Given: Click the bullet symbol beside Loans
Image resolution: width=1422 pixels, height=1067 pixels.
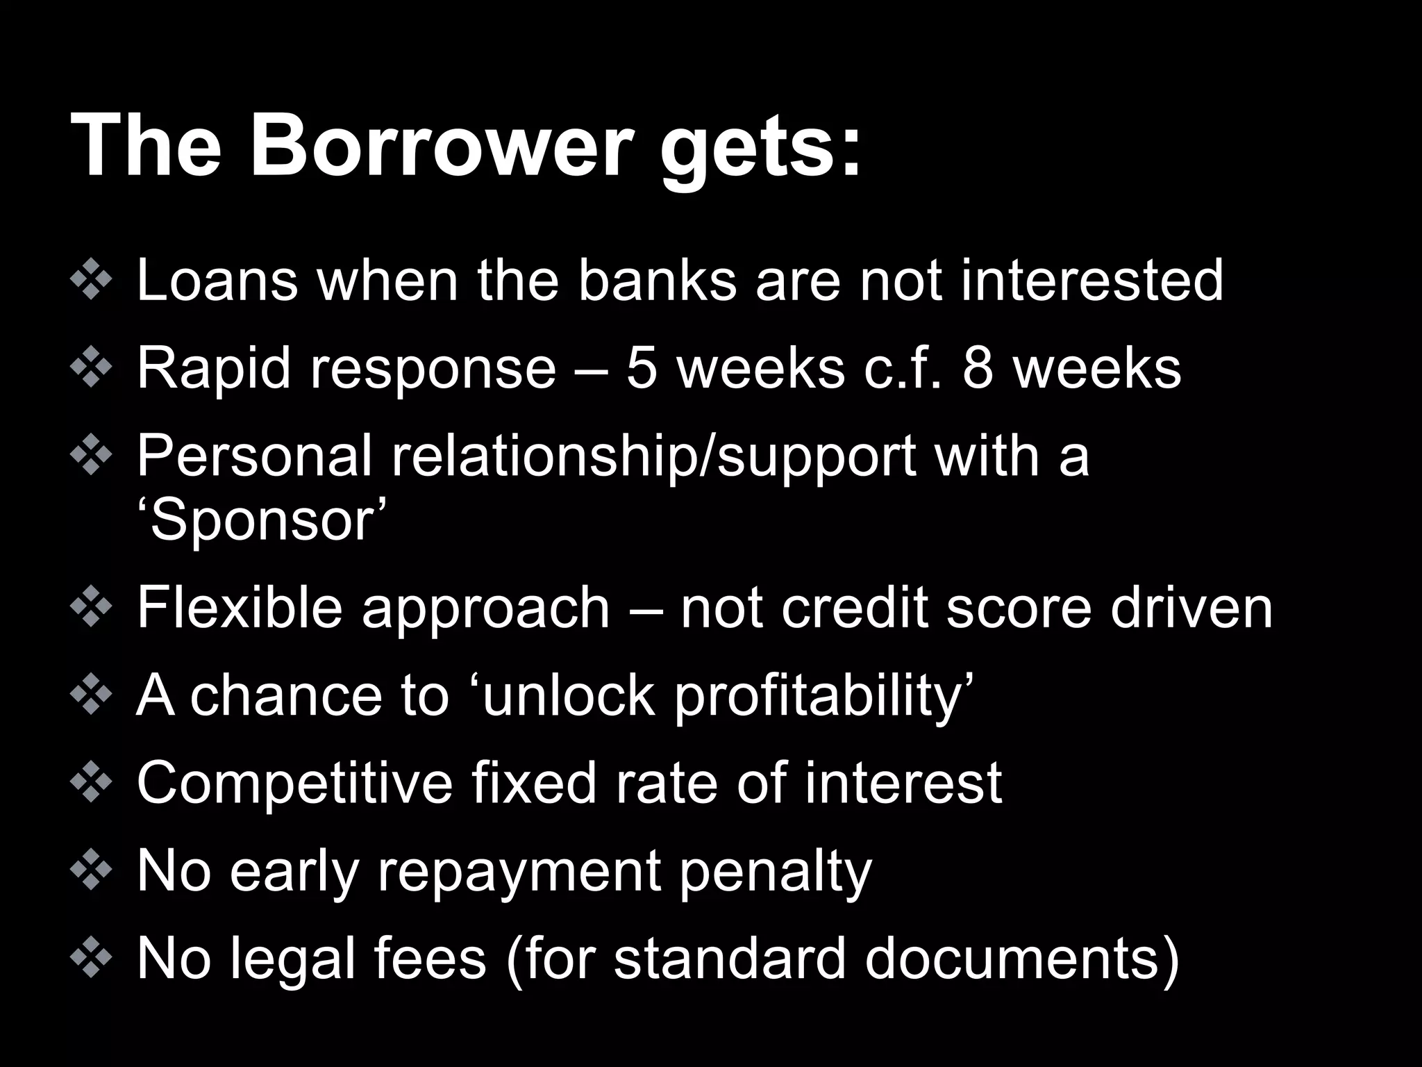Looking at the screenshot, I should pos(91,280).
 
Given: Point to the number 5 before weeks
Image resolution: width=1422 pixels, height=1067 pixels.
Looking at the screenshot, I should pos(642,367).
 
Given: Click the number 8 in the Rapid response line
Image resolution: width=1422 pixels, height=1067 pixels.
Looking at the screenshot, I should pos(978,367).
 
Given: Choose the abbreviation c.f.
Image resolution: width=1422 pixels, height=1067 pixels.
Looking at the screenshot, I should pos(903,367).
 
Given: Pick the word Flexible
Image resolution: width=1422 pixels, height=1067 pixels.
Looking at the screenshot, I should pos(239,608).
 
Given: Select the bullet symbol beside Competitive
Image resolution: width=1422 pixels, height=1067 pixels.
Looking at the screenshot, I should pos(91,783).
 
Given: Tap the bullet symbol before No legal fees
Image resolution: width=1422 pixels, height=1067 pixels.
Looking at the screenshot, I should pos(91,959).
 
